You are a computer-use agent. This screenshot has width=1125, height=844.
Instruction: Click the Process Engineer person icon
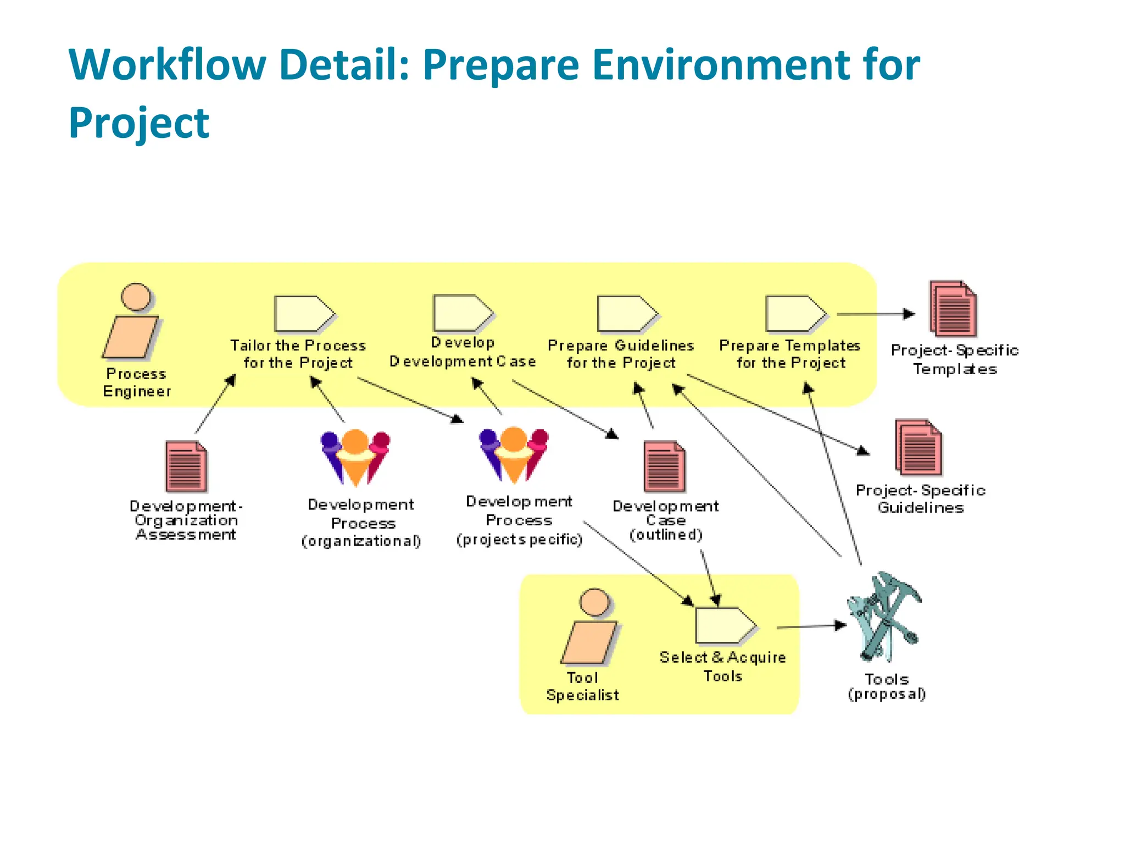tap(132, 321)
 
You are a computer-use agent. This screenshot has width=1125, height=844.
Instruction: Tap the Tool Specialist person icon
tap(590, 627)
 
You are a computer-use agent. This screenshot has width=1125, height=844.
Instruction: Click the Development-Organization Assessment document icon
tap(186, 467)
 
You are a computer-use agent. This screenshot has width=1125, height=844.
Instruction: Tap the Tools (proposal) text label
tap(887, 687)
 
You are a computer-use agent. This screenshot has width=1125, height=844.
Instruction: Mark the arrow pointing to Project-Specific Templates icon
tap(876, 314)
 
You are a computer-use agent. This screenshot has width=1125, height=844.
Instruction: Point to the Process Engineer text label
tap(137, 382)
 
